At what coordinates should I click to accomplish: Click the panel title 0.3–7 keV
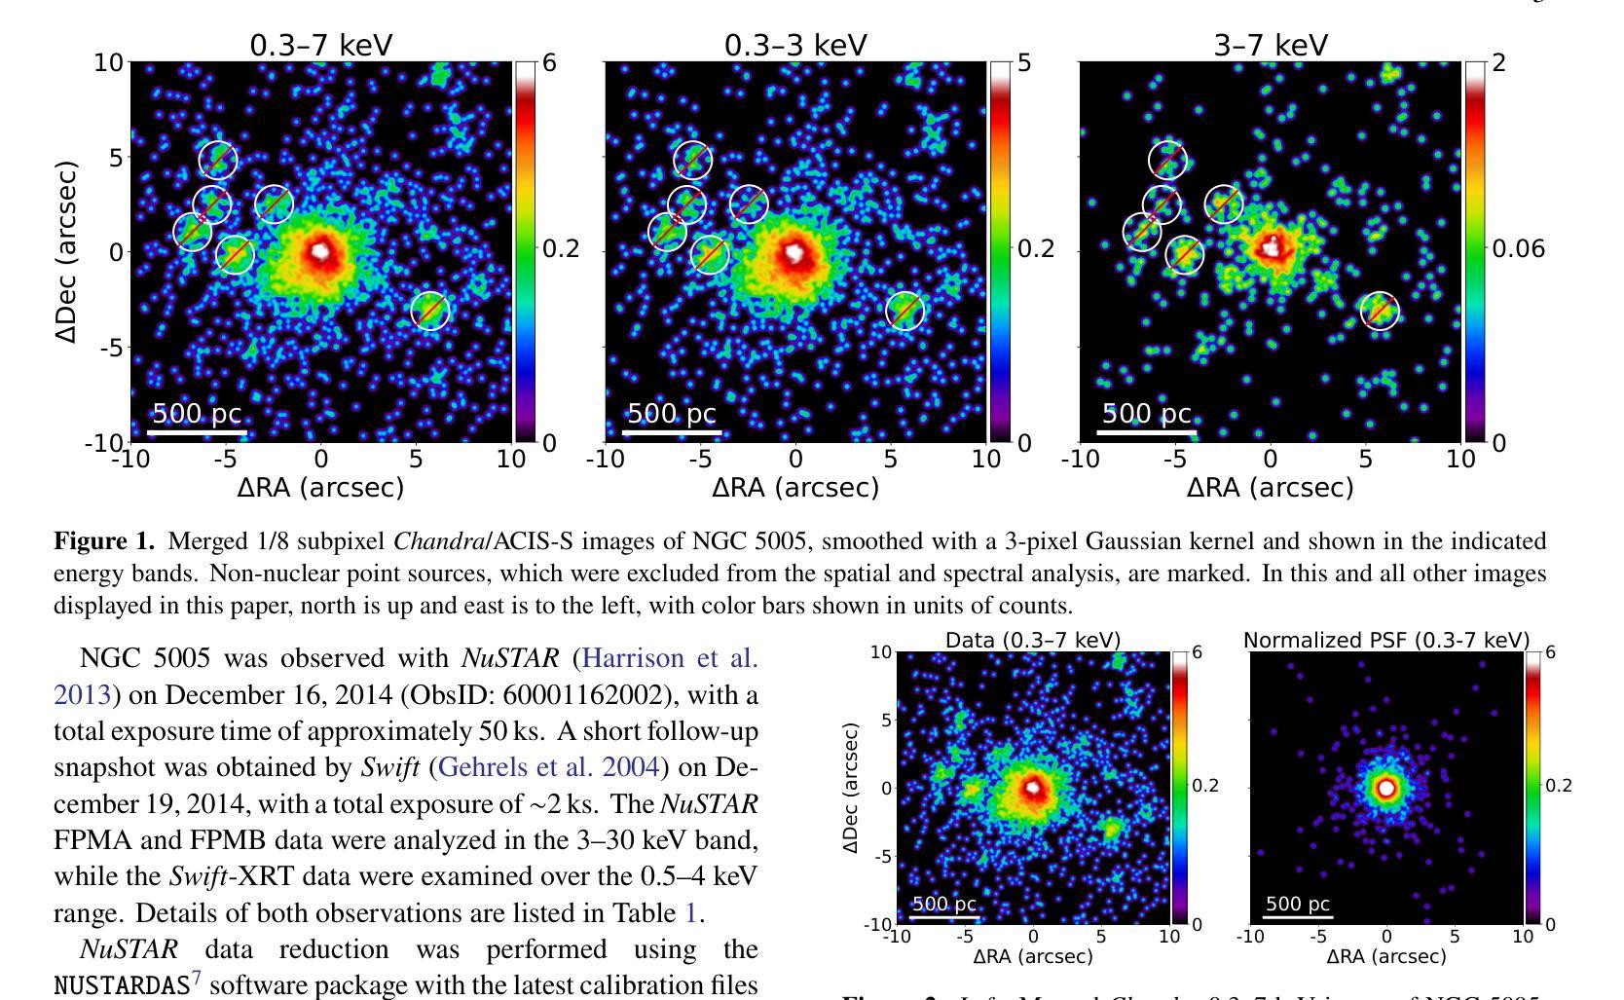(321, 45)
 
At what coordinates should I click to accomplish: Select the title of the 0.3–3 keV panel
(795, 45)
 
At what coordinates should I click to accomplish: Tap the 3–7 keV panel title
(1270, 45)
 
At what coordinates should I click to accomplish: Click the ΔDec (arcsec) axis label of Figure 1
(66, 251)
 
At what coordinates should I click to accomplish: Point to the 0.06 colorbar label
(1518, 249)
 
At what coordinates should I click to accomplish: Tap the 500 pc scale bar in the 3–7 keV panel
(1146, 430)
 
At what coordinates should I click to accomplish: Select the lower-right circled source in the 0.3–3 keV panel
(905, 311)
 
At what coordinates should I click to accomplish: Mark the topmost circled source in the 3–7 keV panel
(1167, 160)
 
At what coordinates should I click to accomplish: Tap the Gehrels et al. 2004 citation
(550, 767)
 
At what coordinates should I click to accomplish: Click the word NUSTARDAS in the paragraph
(122, 985)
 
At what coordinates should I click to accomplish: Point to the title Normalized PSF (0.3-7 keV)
(1386, 640)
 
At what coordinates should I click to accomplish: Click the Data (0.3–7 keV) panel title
(1033, 640)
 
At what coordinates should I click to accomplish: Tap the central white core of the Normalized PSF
(1386, 787)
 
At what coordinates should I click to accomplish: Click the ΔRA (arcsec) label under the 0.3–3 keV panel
(795, 487)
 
